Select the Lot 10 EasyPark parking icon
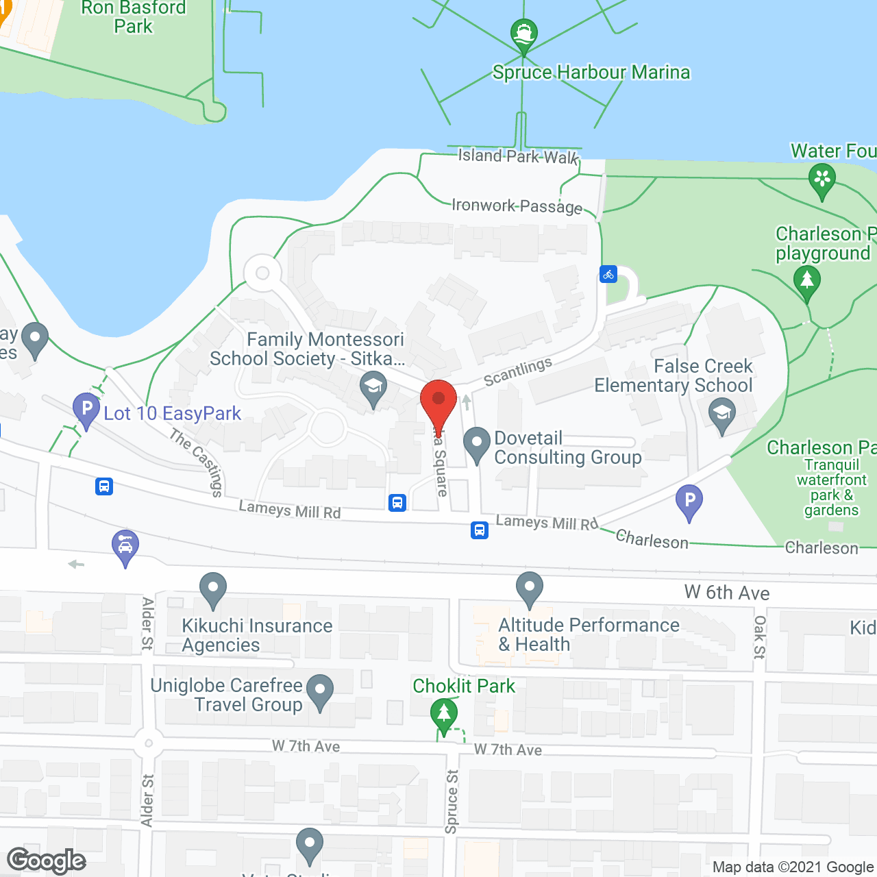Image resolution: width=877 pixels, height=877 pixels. click(x=86, y=409)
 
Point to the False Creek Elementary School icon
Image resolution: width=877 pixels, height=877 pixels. click(x=722, y=415)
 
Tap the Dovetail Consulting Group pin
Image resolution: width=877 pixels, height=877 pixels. click(x=477, y=443)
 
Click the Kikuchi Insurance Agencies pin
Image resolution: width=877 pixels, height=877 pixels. click(x=213, y=588)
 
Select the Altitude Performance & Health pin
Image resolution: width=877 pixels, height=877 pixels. click(x=530, y=588)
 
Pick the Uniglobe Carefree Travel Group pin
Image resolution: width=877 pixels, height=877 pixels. click(x=320, y=690)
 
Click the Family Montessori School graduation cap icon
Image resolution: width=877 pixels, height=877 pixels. click(x=373, y=388)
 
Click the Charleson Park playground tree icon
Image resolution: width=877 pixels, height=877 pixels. click(x=807, y=281)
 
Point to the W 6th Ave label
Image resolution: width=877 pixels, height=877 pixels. click(x=727, y=593)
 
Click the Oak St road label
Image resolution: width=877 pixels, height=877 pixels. click(x=760, y=637)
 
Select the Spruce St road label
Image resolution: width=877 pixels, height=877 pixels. click(x=452, y=802)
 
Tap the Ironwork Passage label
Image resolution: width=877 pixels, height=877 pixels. click(x=517, y=206)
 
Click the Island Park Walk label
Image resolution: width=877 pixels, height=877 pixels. click(x=518, y=156)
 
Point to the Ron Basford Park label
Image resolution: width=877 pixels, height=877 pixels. click(x=134, y=17)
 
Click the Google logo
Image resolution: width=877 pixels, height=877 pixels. click(x=47, y=861)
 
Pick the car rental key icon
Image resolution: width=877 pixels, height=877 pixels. click(x=125, y=545)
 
